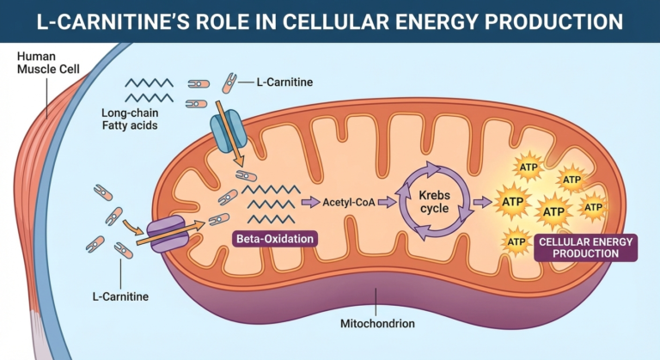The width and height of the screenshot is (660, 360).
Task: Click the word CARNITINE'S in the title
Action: [x=156, y=20]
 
